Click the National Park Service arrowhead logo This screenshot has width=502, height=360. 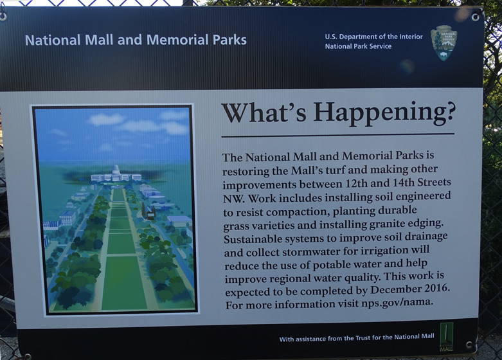click(x=444, y=43)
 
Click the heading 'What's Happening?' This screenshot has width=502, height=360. click(x=338, y=113)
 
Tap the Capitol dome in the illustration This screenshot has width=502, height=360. click(x=116, y=170)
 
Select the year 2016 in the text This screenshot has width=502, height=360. click(x=437, y=288)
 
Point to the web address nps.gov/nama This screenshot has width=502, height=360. click(x=397, y=302)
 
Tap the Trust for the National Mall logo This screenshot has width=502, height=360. click(x=446, y=337)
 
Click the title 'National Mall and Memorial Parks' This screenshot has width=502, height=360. click(x=136, y=40)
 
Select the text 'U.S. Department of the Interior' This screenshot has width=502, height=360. click(x=373, y=37)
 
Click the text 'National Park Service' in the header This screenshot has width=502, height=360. click(x=358, y=46)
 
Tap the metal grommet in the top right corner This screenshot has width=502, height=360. click(x=475, y=17)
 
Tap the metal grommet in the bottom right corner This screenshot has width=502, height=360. click(x=470, y=345)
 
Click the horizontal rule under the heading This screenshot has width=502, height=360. click(x=337, y=135)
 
